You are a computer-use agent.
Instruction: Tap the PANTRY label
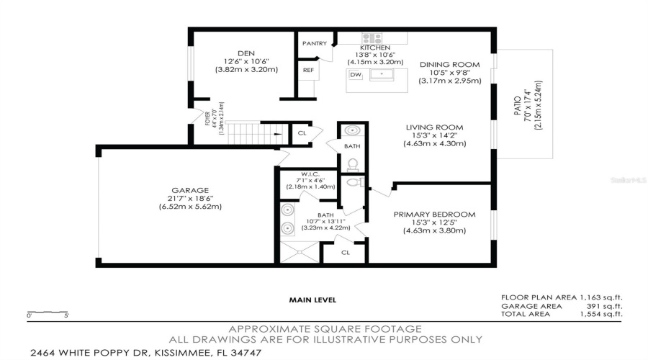coord(314,44)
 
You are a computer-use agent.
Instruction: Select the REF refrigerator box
coord(308,70)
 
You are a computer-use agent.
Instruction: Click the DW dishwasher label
coord(355,75)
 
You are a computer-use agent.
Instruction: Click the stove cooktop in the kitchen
coord(372,38)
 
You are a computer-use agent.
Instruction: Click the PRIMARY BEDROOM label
coord(434,215)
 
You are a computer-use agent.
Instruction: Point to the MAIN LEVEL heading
coord(312,300)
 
